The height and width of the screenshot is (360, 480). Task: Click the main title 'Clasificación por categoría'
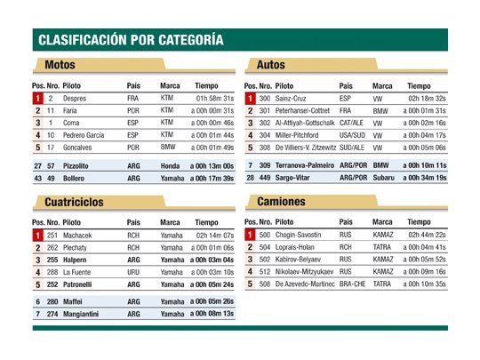tap(130, 40)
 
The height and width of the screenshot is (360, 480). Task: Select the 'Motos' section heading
tap(60, 65)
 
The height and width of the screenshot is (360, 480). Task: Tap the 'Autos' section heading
tap(270, 65)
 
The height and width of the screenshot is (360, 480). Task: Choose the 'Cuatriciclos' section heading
tap(74, 202)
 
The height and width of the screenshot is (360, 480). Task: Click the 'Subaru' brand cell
tap(384, 178)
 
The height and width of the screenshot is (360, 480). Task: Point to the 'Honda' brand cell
tap(170, 165)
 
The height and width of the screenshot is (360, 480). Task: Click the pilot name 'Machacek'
tap(77, 235)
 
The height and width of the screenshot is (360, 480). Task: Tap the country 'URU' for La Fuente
tap(133, 272)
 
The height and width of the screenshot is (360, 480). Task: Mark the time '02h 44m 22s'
tap(427, 235)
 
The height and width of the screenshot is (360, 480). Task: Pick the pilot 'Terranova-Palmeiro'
tap(305, 165)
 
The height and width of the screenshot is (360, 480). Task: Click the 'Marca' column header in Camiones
tap(382, 221)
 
